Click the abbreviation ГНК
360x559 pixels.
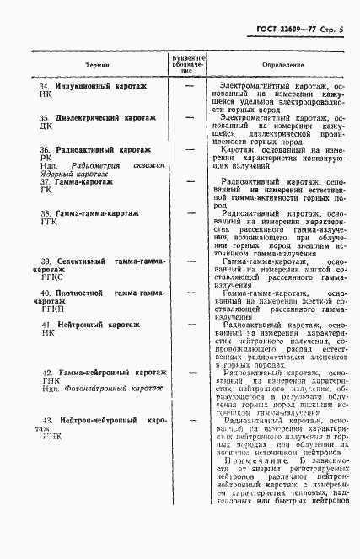(50, 380)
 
